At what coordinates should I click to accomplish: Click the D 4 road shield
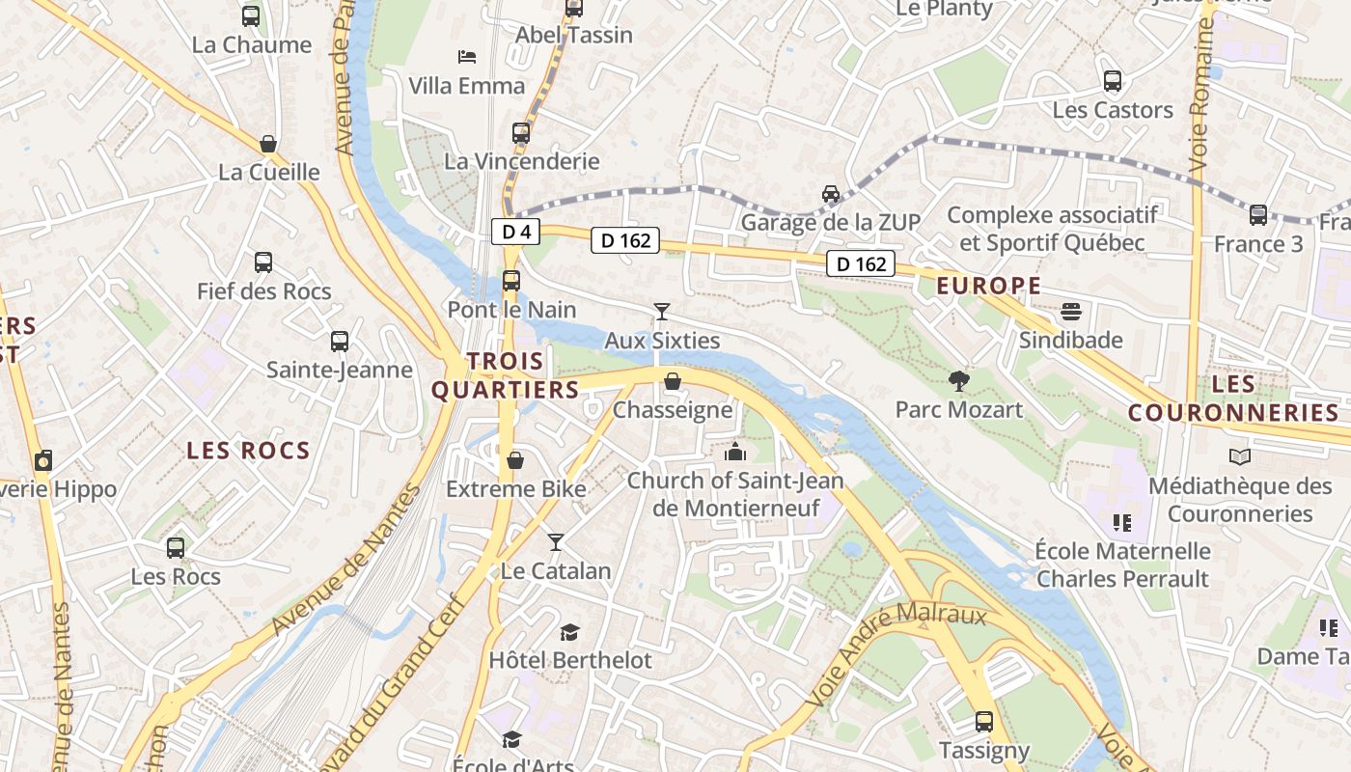click(x=516, y=232)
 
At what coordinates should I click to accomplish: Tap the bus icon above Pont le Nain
click(x=511, y=281)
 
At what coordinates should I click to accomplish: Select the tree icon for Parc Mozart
click(x=958, y=381)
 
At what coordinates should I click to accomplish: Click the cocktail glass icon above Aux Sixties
click(x=662, y=311)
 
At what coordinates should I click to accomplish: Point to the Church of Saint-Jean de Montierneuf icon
click(x=735, y=452)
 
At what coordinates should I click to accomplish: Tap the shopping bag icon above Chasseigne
click(x=673, y=382)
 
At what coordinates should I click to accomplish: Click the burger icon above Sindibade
click(x=1071, y=312)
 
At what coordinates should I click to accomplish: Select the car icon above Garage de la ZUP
click(x=830, y=194)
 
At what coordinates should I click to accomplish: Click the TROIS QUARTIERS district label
click(x=505, y=375)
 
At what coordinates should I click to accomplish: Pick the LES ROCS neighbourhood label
click(x=248, y=451)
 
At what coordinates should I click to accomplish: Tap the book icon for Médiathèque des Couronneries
click(x=1239, y=456)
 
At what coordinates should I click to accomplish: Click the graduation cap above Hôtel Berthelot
click(x=569, y=632)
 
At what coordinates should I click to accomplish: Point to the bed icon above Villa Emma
click(x=467, y=57)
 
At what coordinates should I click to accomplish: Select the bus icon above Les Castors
click(x=1112, y=81)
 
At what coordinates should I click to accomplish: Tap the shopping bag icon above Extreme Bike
click(x=515, y=460)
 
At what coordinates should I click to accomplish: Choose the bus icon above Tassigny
click(x=983, y=721)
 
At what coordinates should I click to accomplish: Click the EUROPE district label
click(x=989, y=286)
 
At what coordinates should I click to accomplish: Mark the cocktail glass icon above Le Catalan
click(x=555, y=541)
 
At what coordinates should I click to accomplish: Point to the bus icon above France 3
click(x=1257, y=215)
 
